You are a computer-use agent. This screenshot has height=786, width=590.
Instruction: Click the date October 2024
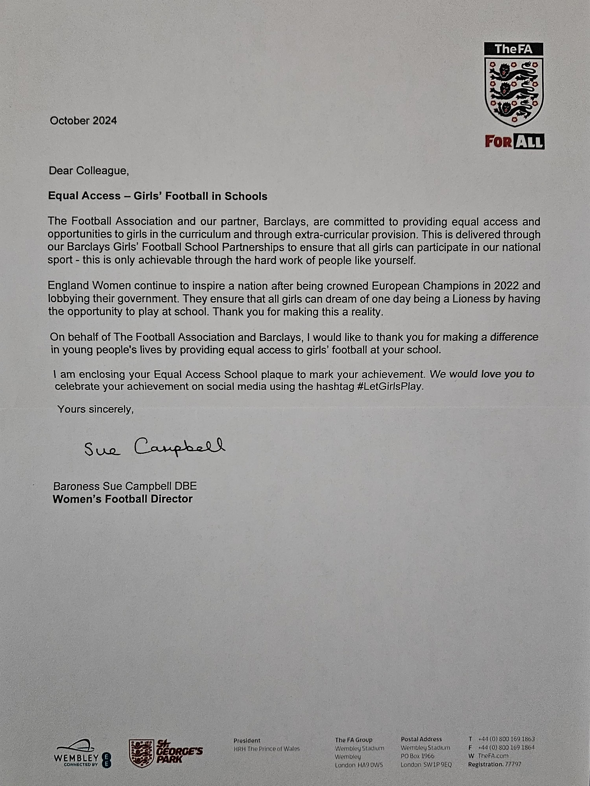[83, 121]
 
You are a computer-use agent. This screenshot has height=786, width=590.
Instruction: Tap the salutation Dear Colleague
[88, 171]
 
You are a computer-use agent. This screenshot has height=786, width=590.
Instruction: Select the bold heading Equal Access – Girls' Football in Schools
[158, 196]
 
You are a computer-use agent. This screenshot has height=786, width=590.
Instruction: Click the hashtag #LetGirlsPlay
[391, 387]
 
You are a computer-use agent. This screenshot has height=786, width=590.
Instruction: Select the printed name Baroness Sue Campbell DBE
[125, 486]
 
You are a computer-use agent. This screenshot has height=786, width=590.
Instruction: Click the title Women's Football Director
[122, 499]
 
